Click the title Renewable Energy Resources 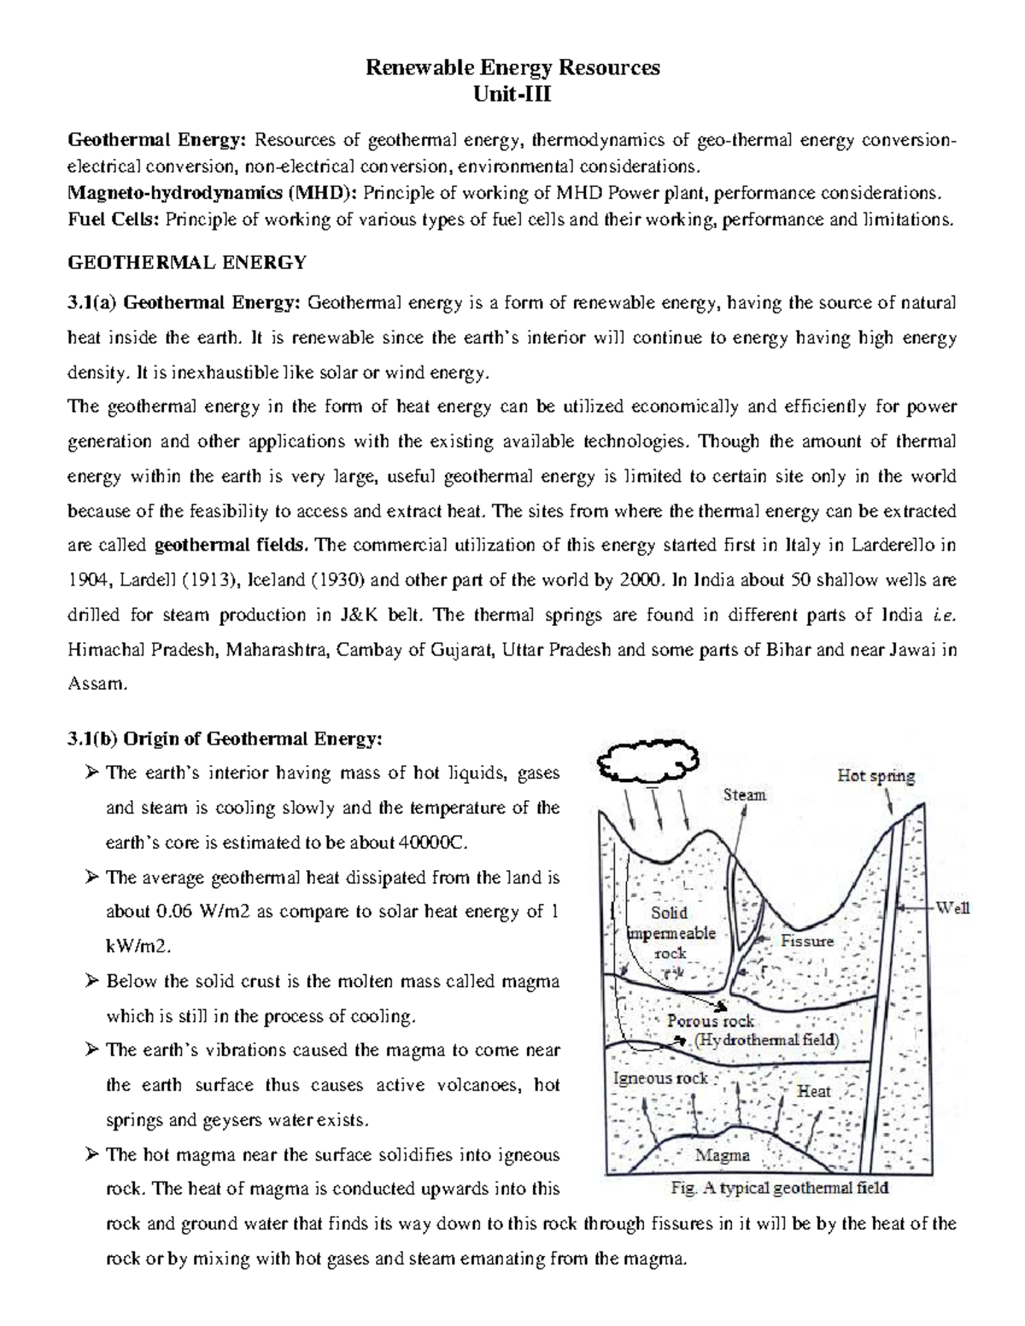(512, 68)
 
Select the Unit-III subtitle (512, 94)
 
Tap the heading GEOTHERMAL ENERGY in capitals (186, 263)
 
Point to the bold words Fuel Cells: (114, 219)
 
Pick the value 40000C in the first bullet (434, 843)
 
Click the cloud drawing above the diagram (649, 759)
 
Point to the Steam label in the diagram (745, 795)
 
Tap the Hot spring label (876, 776)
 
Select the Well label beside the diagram (953, 908)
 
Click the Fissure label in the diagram (807, 941)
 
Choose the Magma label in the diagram (723, 1155)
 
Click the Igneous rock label (660, 1078)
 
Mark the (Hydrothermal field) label (766, 1040)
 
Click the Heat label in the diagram (813, 1090)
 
